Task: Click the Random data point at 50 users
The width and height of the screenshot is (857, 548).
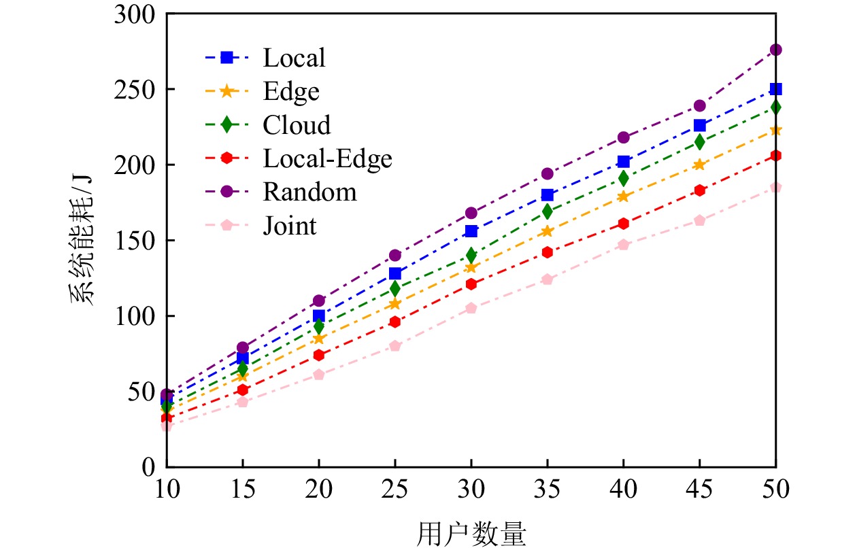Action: pyautogui.click(x=775, y=50)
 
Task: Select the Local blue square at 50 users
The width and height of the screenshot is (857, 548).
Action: pyautogui.click(x=775, y=89)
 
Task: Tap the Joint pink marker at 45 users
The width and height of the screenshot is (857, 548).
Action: pyautogui.click(x=699, y=220)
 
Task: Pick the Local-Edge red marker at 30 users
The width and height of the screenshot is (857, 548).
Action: pyautogui.click(x=471, y=284)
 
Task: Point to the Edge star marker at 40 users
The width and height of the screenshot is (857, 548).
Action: pyautogui.click(x=623, y=196)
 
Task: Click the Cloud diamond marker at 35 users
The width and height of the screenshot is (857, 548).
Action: pyautogui.click(x=547, y=211)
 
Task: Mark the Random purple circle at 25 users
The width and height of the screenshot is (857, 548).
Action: pyautogui.click(x=394, y=256)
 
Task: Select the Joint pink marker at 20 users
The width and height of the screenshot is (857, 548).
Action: pyautogui.click(x=318, y=375)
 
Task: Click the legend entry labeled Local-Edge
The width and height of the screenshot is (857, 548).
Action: pyautogui.click(x=327, y=159)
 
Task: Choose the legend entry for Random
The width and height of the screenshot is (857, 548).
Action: pyautogui.click(x=309, y=192)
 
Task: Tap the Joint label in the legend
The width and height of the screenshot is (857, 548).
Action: pyautogui.click(x=290, y=226)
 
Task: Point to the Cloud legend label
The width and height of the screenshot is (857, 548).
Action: pyautogui.click(x=297, y=125)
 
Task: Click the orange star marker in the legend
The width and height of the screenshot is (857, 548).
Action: pyautogui.click(x=228, y=92)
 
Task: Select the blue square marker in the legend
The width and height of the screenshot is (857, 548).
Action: pyautogui.click(x=228, y=58)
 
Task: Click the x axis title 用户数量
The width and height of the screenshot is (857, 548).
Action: pyautogui.click(x=471, y=532)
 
